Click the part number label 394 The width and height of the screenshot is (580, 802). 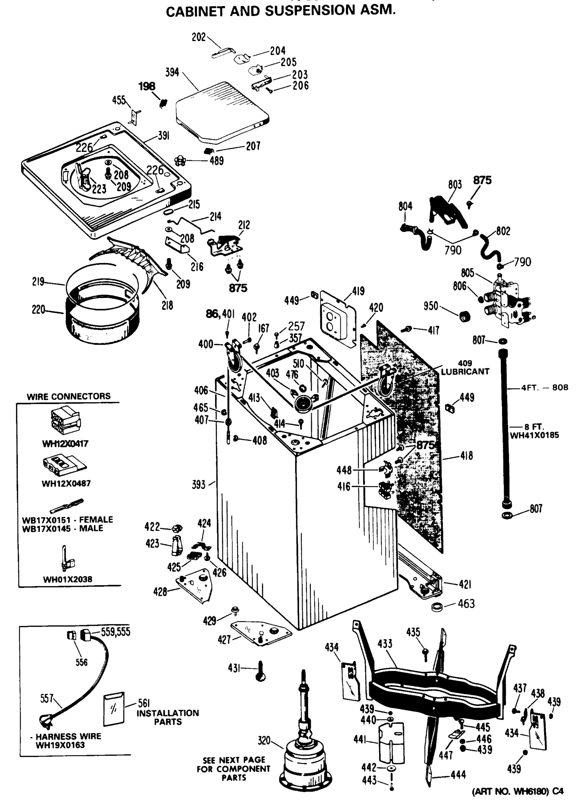point(172,73)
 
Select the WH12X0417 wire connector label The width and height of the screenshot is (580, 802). point(65,443)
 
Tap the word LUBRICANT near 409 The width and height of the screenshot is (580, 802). point(465,372)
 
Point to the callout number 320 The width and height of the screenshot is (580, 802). point(264,740)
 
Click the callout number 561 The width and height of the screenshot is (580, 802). point(144,703)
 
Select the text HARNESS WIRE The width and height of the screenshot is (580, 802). point(68,737)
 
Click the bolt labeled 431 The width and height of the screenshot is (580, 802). point(260,670)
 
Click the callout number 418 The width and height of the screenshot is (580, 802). point(466,456)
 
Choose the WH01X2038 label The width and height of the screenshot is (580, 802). point(68,579)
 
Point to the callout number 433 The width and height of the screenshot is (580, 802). point(384,644)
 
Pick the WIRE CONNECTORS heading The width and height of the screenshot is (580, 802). point(69,396)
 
